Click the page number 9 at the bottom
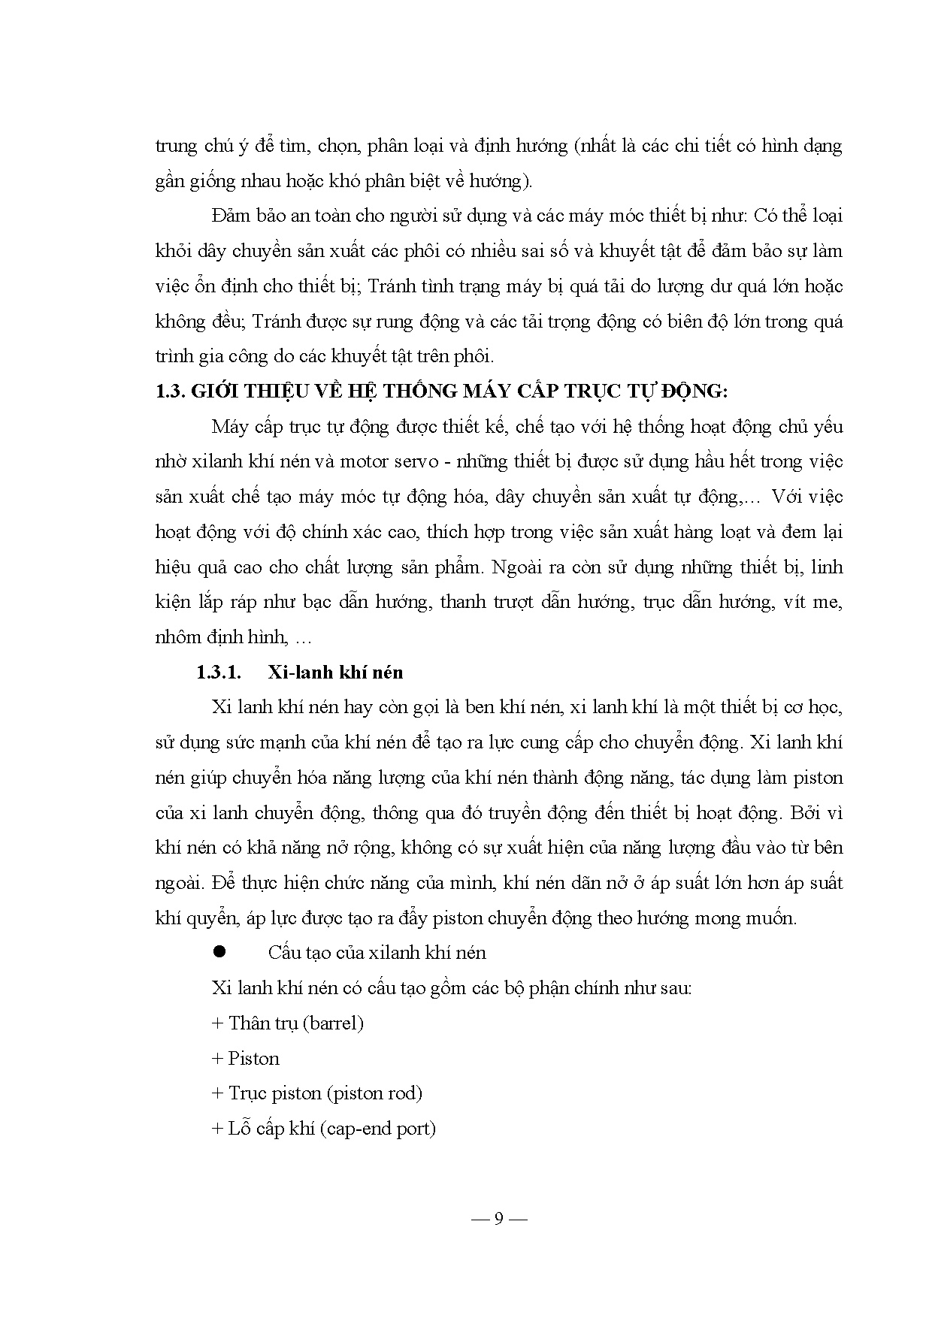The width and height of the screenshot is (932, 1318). [x=498, y=1219]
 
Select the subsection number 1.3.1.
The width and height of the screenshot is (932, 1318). [x=219, y=672]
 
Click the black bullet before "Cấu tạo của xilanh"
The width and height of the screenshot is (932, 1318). [x=219, y=952]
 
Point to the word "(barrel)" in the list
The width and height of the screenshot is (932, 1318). [x=334, y=1023]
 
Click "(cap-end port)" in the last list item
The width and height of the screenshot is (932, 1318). [x=377, y=1129]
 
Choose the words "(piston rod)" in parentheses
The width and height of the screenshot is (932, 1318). [x=374, y=1093]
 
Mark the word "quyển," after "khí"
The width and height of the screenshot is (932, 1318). [x=208, y=918]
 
